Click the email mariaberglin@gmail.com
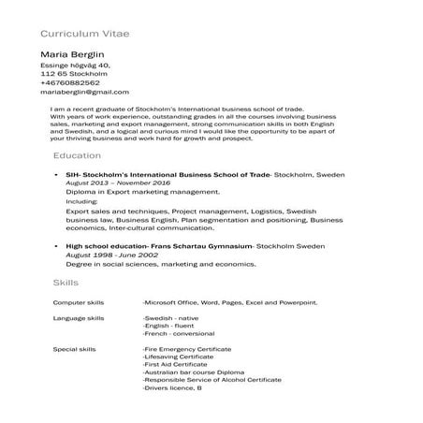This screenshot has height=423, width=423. pyautogui.click(x=84, y=92)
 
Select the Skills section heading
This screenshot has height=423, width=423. pyautogui.click(x=66, y=282)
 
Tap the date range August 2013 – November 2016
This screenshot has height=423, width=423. pyautogui.click(x=119, y=183)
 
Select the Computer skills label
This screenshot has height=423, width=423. pyautogui.click(x=78, y=303)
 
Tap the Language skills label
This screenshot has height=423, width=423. pyautogui.click(x=78, y=319)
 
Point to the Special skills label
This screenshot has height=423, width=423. pyautogui.click(x=75, y=348)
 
